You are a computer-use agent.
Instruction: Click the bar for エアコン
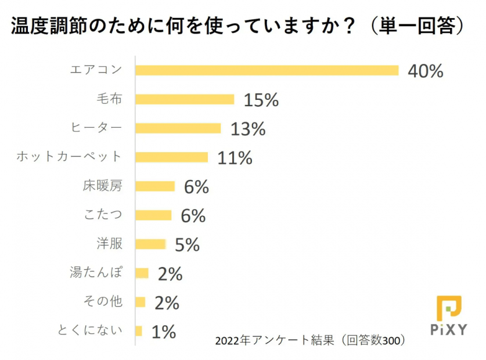267,70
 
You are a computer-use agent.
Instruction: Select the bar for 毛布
185,99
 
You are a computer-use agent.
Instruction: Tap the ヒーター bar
178,128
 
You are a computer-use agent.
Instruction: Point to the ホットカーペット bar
171,157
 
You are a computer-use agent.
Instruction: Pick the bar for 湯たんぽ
142,273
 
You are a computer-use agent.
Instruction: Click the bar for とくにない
139,331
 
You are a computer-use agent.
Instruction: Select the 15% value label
261,100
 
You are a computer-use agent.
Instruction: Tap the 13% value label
248,129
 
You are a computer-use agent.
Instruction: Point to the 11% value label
235,157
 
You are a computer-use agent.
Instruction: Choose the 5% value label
187,244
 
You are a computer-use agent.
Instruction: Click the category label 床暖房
103,186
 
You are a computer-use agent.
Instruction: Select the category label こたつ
103,215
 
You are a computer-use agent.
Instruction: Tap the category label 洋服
110,244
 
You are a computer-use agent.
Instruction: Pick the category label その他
103,302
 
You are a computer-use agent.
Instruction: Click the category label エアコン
96,70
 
